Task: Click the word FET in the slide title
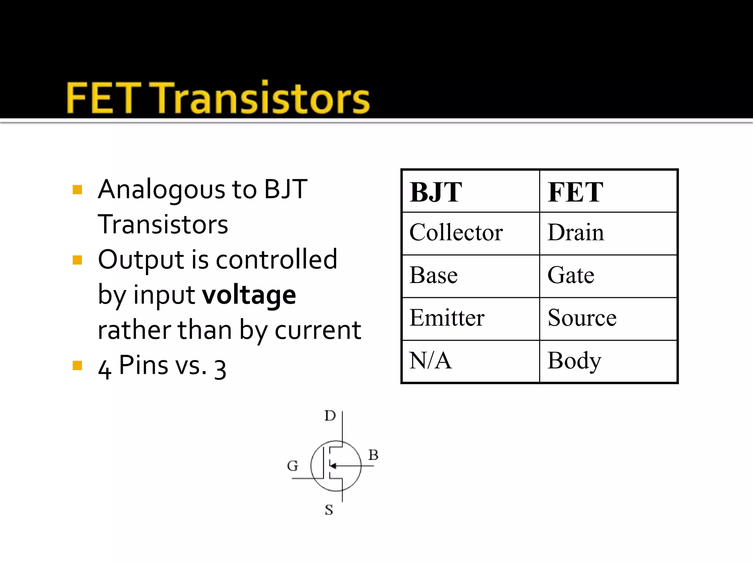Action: (x=103, y=98)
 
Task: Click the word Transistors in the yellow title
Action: (x=261, y=98)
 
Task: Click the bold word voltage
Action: (x=249, y=295)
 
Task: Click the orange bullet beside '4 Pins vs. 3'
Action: (x=77, y=366)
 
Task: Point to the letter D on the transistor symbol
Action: (x=330, y=416)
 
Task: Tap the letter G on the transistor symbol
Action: (x=293, y=466)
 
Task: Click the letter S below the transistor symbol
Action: (x=329, y=510)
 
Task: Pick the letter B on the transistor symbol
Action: (x=374, y=455)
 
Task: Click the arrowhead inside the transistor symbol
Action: (x=333, y=466)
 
